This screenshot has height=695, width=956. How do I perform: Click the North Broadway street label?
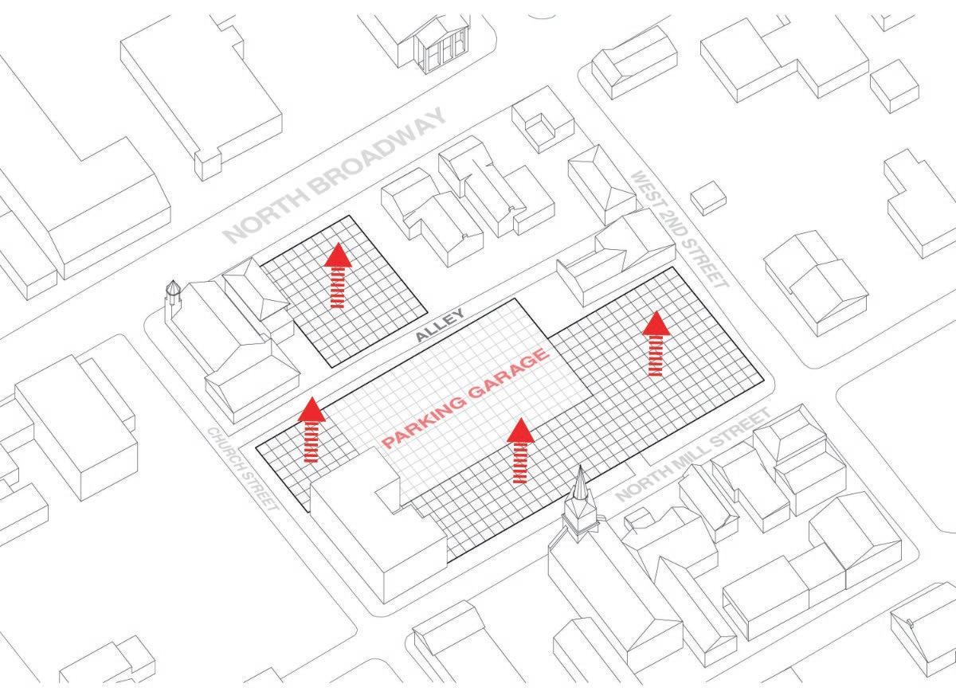pos(335,176)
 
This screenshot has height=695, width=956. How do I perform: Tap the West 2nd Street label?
pos(679,229)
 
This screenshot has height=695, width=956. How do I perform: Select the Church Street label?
pos(243,469)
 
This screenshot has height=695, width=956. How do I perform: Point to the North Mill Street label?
pos(694,455)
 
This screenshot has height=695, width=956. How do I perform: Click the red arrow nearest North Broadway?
pos(339,275)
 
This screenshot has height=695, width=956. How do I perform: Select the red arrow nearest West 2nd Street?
pos(656,343)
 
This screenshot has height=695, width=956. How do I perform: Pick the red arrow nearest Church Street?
pos(311,430)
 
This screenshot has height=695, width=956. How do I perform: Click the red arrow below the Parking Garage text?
pos(520,451)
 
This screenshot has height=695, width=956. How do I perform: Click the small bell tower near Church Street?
pos(172,298)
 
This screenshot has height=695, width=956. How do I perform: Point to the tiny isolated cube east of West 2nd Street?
pos(708,197)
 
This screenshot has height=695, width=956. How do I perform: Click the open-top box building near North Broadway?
pos(543,123)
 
